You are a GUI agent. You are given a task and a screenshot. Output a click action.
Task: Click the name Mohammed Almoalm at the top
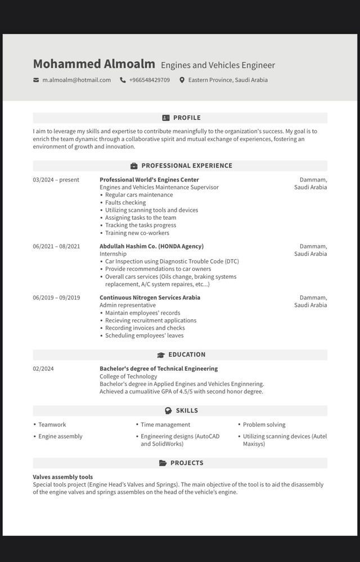94,64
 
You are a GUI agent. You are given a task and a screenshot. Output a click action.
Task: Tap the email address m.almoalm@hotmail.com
76,80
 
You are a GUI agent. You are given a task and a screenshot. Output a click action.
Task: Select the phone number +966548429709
149,80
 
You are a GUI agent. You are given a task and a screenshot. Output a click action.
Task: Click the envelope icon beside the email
37,80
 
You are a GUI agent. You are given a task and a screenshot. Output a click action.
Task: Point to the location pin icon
182,80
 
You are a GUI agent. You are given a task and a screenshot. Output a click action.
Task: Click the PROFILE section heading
186,118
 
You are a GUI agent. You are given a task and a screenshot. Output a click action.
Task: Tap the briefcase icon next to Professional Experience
134,166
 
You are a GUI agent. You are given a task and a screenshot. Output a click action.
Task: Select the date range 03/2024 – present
56,180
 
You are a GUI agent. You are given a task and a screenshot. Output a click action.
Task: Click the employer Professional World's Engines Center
149,180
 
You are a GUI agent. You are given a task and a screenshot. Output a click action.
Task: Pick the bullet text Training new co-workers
137,233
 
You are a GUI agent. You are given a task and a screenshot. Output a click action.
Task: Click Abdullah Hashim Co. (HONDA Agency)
151,246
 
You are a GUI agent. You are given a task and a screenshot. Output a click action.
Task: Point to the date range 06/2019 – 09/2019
56,298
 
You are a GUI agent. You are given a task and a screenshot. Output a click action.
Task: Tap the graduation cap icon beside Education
161,355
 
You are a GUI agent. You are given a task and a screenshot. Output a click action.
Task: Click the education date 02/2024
43,369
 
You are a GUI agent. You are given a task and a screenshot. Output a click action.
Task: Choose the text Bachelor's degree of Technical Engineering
159,369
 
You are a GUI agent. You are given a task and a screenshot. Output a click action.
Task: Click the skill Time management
165,425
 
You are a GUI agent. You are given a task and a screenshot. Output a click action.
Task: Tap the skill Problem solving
264,425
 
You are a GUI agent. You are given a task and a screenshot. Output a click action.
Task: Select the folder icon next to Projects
163,463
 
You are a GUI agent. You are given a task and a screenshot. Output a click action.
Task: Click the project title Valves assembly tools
63,477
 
